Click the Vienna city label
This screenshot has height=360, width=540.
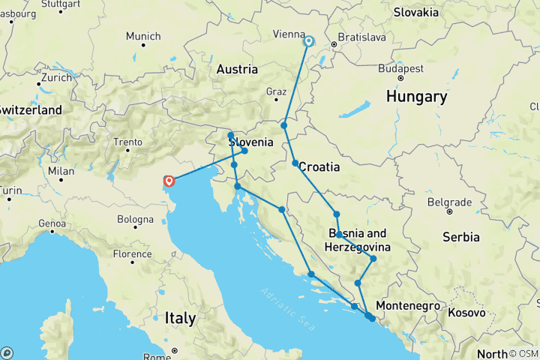pos(288,34)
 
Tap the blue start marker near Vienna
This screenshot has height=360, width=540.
pos(308,41)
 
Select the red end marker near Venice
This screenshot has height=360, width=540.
pos(169,181)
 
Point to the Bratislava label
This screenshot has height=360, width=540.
pos(361,36)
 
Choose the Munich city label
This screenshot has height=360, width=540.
pos(142,36)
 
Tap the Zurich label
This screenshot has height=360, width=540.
pos(56,77)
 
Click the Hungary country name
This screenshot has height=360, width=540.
pos(416,97)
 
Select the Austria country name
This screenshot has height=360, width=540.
pos(237,69)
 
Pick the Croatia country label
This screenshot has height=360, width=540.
pos(320,167)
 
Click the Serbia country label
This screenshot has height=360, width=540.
pos(460,237)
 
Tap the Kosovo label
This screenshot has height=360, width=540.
pos(466,312)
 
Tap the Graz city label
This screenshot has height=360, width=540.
pos(277,92)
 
